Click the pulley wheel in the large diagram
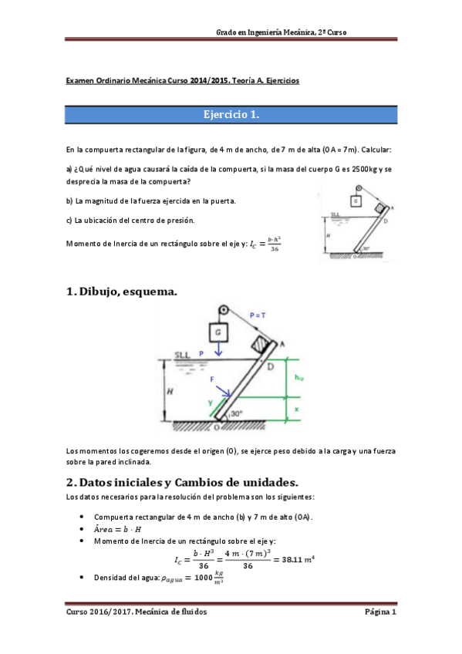click(x=223, y=311)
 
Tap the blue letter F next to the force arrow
click(x=212, y=379)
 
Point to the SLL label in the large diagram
click(x=182, y=355)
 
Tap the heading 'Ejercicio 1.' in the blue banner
click(x=231, y=115)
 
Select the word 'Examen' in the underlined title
click(x=79, y=80)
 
